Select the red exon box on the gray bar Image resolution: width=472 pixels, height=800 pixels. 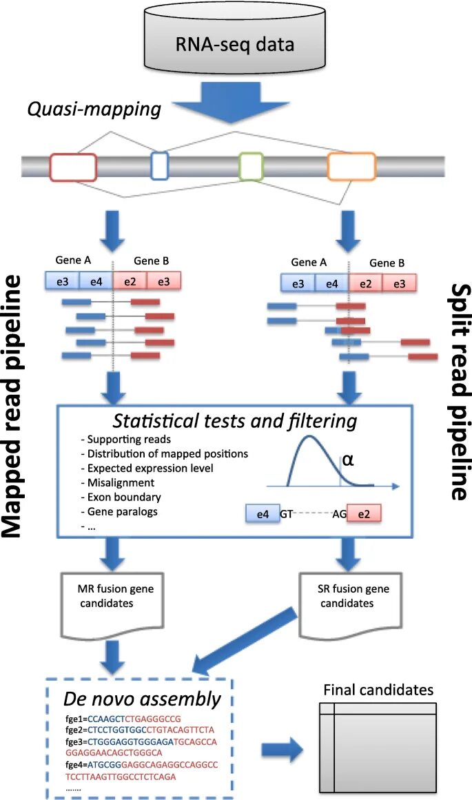pos(72,167)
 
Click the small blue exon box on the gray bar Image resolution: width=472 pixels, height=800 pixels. pos(159,166)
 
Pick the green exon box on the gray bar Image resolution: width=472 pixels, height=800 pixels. pos(251,166)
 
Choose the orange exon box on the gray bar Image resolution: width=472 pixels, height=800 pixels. pos(351,166)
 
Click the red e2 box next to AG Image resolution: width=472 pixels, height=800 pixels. pos(364,514)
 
